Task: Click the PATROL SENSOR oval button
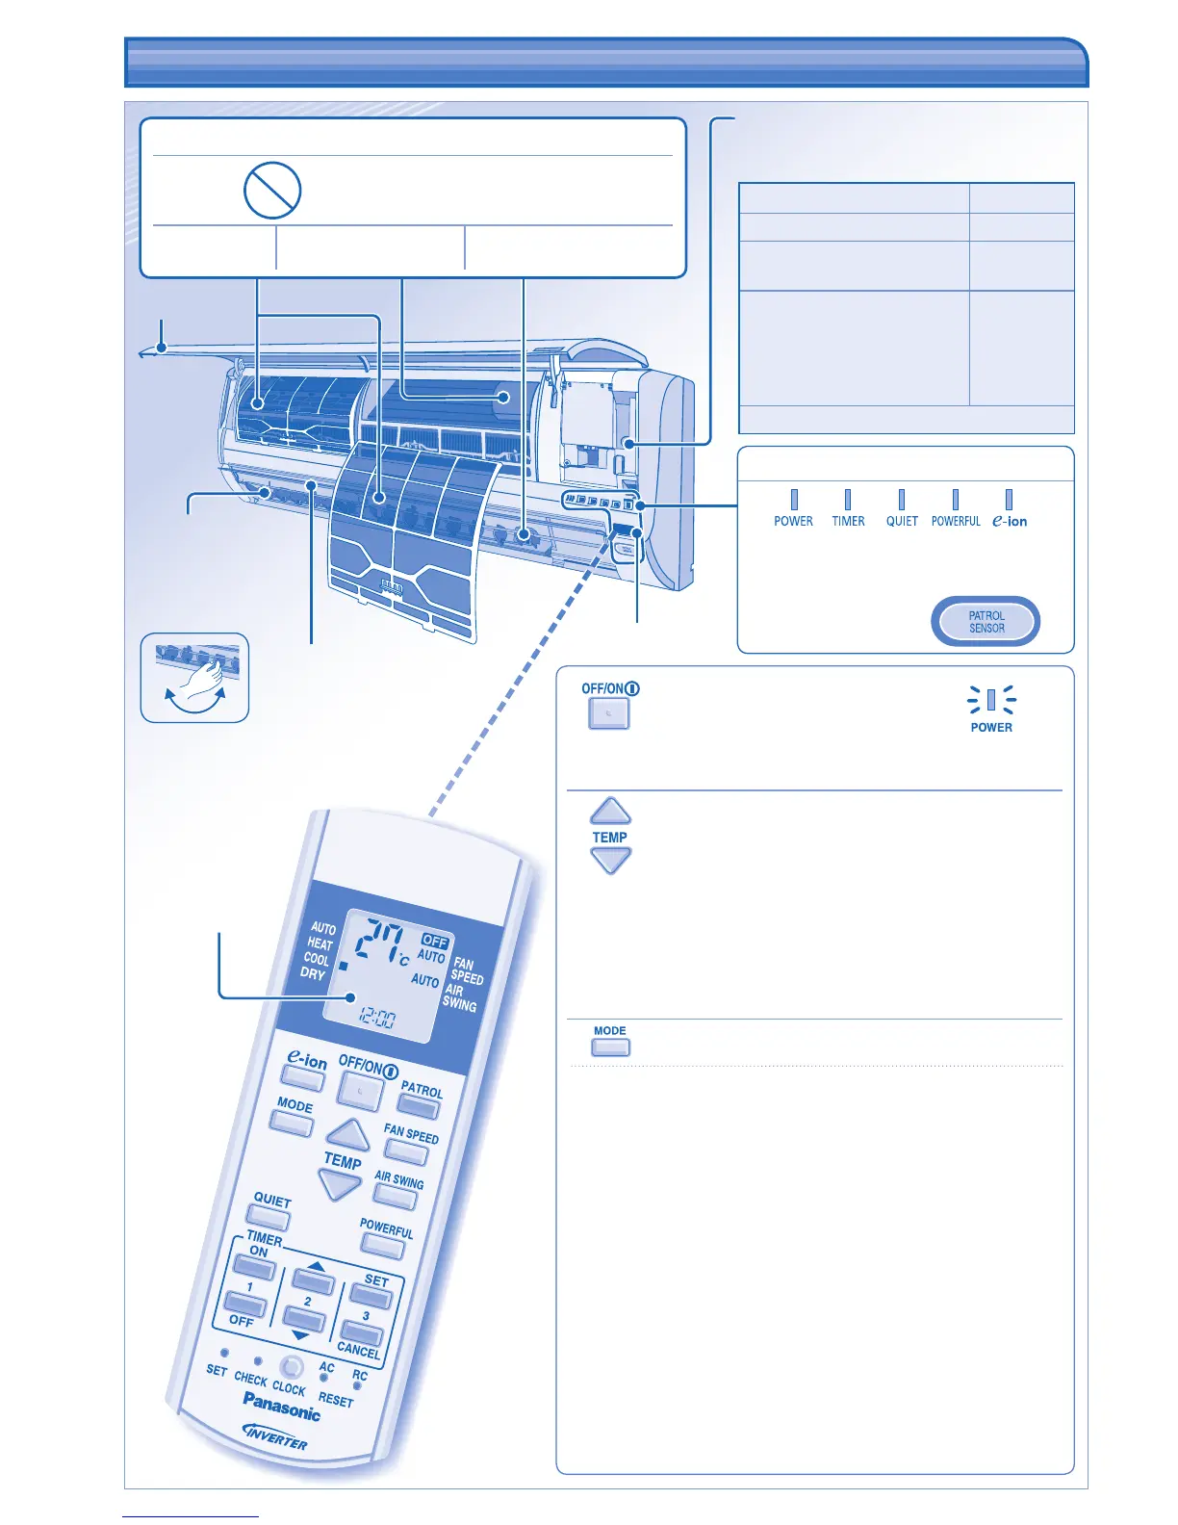pos(986,622)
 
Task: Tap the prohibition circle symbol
pos(272,191)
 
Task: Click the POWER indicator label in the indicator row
pos(793,521)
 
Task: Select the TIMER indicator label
pos(848,521)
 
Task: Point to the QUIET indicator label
pos(902,521)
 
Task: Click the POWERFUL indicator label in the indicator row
pos(956,521)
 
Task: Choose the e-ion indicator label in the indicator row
pos(1010,521)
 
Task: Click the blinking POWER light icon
pos(991,700)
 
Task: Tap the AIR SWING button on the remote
pos(395,1197)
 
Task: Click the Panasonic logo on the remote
pos(281,1407)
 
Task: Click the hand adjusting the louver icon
pos(195,678)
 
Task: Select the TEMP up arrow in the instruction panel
pos(610,812)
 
